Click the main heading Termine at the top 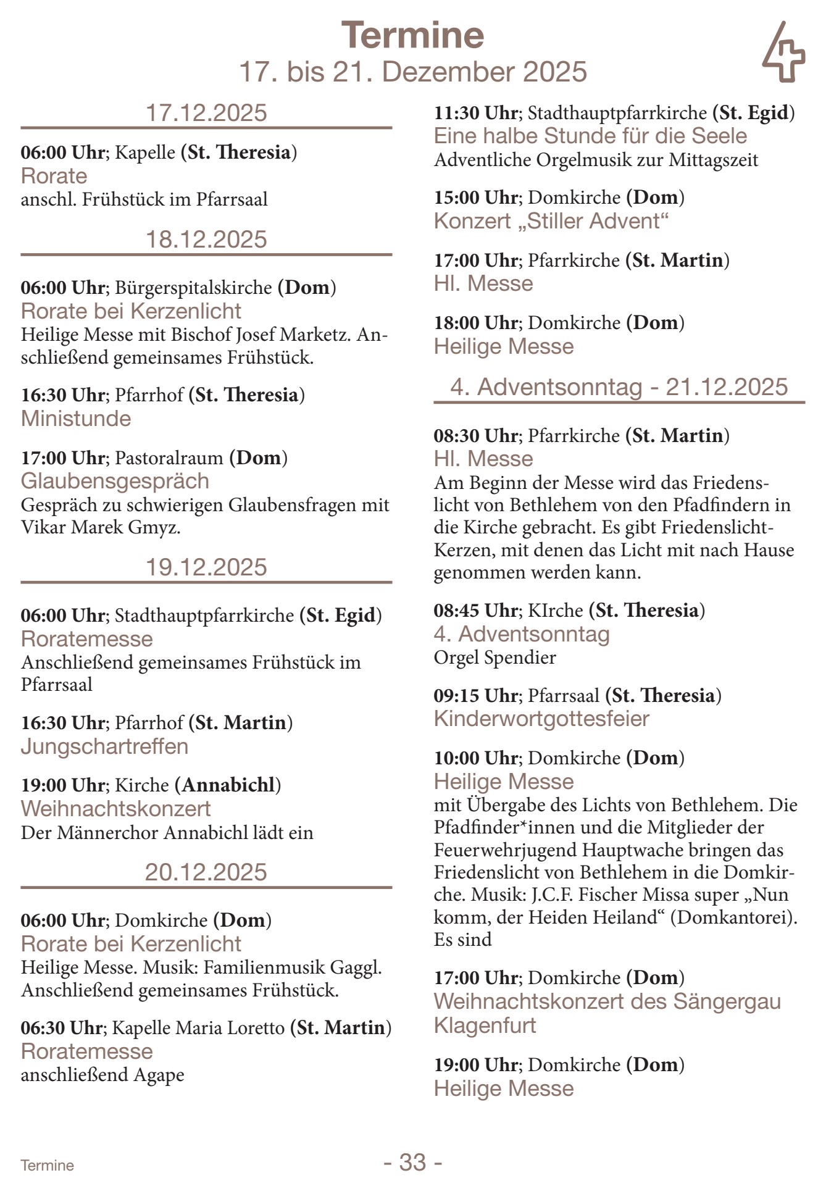pos(412,35)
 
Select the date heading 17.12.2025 pos(206,113)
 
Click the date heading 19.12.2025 pos(206,567)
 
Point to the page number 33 pos(412,1162)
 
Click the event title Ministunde pos(76,419)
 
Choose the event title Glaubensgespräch pos(115,481)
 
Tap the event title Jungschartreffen pos(104,746)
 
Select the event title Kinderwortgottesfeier pos(541,719)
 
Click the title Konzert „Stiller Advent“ pos(551,221)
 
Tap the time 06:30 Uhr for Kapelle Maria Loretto pos(62,1028)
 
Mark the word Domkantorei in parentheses pos(732,917)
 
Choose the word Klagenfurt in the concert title pos(485,1025)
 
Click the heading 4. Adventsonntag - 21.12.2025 pos(619,387)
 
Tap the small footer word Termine pos(47,1166)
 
